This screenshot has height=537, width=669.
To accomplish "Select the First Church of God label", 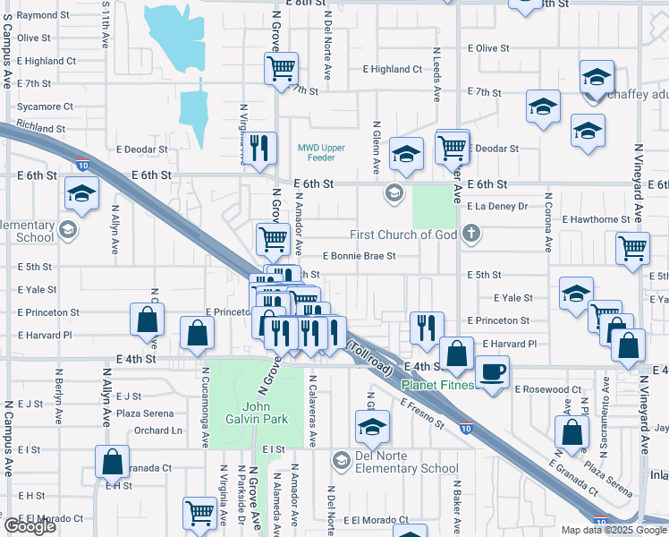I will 403,234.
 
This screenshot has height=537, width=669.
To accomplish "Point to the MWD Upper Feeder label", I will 316,152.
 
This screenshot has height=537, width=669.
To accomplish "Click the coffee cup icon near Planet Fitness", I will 490,371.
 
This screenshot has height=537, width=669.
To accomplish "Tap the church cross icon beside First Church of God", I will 471,234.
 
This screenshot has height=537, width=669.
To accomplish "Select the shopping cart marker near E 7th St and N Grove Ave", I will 281,67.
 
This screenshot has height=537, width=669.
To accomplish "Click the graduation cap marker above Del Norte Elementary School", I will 371,427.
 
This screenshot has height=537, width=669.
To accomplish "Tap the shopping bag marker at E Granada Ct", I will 113,462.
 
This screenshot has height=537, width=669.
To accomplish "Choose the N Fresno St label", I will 422,413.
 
